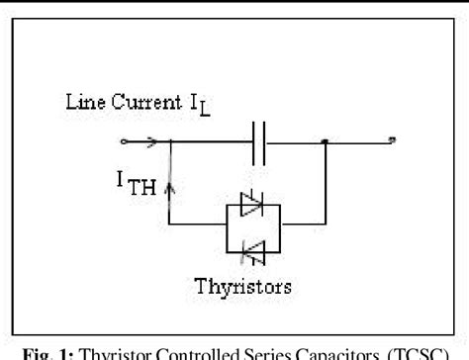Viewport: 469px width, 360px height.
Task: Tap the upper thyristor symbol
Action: pos(252,208)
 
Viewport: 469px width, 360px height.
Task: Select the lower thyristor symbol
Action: pos(252,254)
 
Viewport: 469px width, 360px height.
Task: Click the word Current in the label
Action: pos(141,102)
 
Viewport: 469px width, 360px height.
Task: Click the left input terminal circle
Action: pos(123,141)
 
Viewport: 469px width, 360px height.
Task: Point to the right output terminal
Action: pos(392,141)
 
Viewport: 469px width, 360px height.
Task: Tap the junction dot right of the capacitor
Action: pos(325,141)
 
